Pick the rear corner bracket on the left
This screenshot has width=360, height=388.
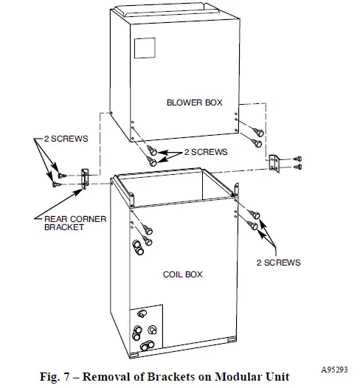[x=83, y=178]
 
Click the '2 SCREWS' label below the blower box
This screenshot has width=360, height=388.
[x=204, y=152]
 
